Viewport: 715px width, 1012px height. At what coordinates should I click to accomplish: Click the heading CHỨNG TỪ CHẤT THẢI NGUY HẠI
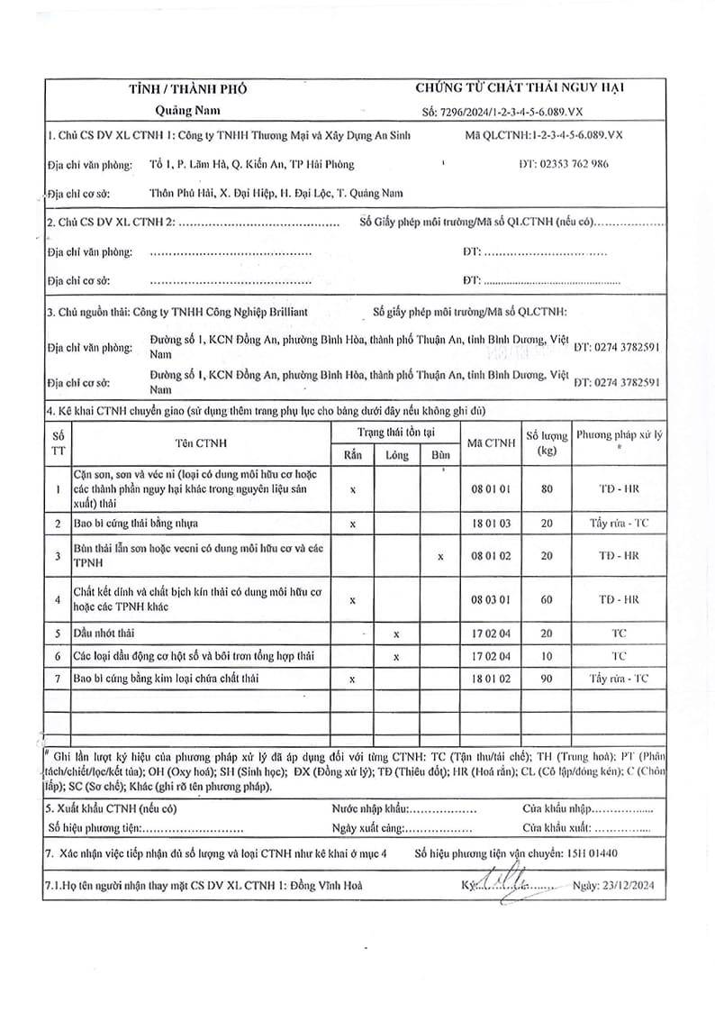click(x=520, y=87)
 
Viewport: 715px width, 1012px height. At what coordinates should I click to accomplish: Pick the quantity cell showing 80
click(x=546, y=488)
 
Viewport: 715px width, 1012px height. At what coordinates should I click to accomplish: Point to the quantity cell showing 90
click(x=546, y=678)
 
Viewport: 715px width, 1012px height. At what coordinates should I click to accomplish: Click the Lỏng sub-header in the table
click(x=397, y=455)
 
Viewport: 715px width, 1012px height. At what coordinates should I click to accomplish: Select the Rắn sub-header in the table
click(x=353, y=455)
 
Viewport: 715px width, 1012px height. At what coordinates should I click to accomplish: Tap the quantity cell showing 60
click(x=546, y=598)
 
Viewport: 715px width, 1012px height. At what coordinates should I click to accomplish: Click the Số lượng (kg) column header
click(x=546, y=442)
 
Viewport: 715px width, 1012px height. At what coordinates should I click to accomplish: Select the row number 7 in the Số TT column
click(x=58, y=678)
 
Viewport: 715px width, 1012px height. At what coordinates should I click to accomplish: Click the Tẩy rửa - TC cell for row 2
click(x=619, y=523)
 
